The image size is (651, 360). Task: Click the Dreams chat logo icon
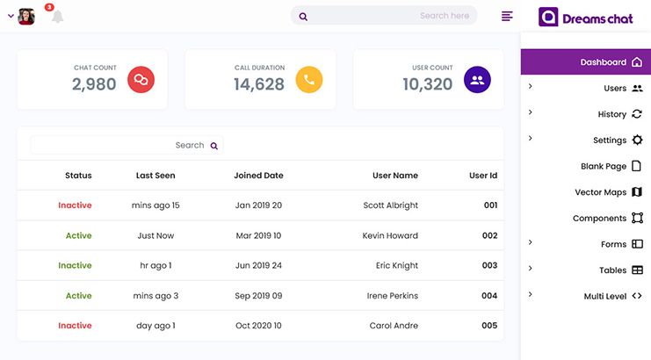[548, 18]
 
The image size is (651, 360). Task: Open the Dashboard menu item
[604, 62]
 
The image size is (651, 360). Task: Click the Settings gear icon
[637, 140]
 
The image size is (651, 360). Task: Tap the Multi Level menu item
[605, 297]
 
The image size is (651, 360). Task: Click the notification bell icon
[57, 17]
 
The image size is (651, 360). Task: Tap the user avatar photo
[26, 17]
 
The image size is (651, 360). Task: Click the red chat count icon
[141, 80]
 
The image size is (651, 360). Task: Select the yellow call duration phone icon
[309, 80]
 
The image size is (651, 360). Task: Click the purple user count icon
[477, 80]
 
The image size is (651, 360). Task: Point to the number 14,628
[259, 85]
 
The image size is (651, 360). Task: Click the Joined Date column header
[258, 176]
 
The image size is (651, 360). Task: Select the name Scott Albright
[390, 205]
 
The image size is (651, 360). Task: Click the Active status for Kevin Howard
[78, 235]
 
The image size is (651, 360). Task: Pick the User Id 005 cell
[489, 326]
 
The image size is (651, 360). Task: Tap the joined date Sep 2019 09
[258, 296]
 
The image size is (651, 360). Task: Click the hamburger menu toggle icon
[507, 16]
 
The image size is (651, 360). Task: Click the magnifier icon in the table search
[213, 146]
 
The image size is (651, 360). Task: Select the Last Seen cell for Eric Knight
[156, 265]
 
